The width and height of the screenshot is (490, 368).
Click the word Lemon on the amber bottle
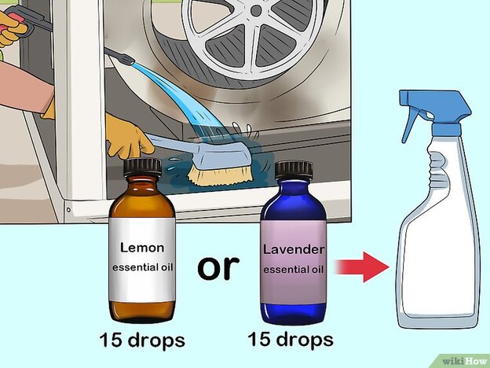[142, 248]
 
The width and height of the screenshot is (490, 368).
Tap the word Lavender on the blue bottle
[294, 249]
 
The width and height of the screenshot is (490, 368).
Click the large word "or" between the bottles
[218, 267]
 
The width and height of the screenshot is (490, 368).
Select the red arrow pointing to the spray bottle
[362, 267]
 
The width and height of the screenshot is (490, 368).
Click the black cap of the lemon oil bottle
[142, 167]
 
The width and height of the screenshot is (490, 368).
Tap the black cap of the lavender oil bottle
[294, 171]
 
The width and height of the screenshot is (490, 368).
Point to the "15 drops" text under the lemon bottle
[142, 340]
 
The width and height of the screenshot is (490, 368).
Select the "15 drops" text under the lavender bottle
[291, 339]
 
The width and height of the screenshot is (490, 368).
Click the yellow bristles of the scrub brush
[220, 176]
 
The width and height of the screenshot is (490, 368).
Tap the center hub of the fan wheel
[256, 10]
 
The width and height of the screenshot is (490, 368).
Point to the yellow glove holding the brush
[127, 137]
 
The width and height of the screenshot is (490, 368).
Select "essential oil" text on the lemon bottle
[142, 267]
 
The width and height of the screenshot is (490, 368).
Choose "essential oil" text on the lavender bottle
[293, 270]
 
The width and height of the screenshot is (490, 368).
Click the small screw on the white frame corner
[68, 209]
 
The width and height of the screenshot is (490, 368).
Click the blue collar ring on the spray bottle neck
[446, 129]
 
